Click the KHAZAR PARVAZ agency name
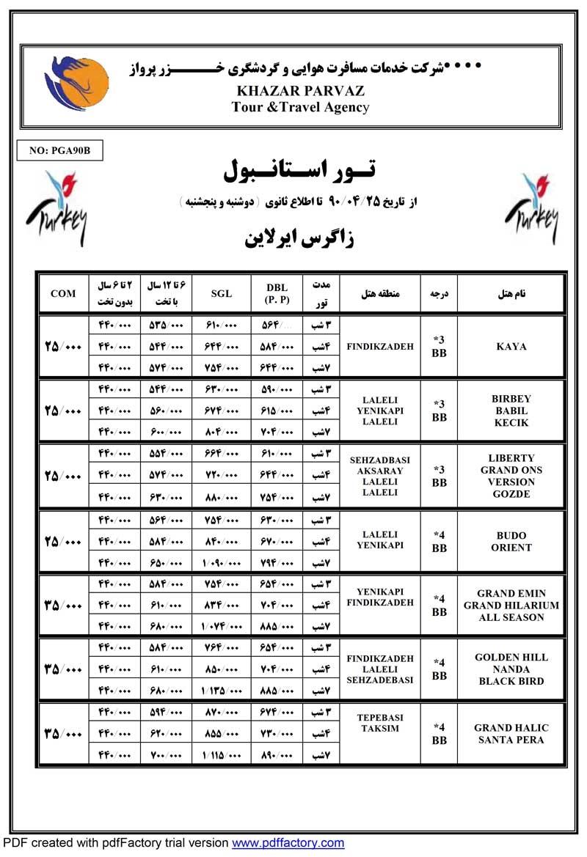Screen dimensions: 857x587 coord(301,92)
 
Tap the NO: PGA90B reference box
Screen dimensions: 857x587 coord(60,151)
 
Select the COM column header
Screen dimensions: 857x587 coord(63,294)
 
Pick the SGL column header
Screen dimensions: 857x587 coord(221,294)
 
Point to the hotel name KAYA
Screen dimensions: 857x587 coord(511,347)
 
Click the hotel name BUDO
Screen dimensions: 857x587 coord(511,536)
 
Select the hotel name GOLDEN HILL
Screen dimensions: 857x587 coord(511,658)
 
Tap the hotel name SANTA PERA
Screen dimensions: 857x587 coord(511,740)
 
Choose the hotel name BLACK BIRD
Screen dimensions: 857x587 coord(511,681)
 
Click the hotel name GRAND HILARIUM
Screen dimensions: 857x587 coord(511,606)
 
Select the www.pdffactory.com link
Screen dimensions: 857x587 coord(288,843)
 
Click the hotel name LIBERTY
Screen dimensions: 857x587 coord(511,458)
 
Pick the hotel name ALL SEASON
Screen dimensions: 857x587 coord(511,617)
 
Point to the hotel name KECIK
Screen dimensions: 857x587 coord(511,423)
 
